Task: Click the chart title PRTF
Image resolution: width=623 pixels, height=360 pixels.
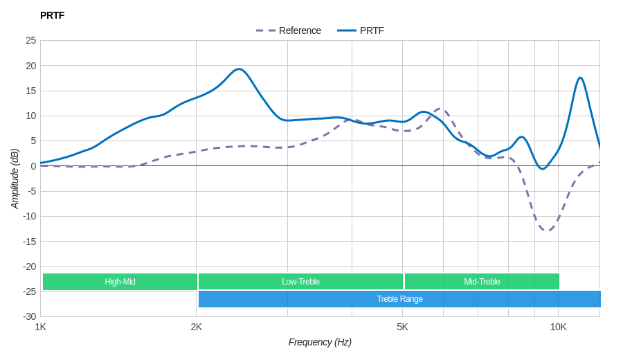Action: (x=52, y=15)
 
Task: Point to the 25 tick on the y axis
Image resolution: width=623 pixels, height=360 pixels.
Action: (x=31, y=40)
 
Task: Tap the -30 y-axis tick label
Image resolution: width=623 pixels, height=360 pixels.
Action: (x=29, y=316)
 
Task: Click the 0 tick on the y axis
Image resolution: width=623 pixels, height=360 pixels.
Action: (x=33, y=166)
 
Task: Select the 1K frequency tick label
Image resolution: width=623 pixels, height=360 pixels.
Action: (x=41, y=327)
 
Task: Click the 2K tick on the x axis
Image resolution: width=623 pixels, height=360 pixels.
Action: (x=197, y=327)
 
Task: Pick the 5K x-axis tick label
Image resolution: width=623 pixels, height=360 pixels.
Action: (x=402, y=327)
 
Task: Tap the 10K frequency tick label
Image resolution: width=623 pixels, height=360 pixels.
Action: (x=558, y=327)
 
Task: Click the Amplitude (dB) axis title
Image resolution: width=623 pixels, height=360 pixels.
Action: (x=15, y=179)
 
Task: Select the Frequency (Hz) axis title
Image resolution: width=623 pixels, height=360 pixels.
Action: (x=320, y=342)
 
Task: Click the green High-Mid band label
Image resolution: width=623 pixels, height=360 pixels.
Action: (x=120, y=282)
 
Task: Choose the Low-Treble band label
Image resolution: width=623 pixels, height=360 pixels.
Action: (x=300, y=282)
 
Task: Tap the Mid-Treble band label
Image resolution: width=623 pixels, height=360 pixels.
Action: (x=482, y=282)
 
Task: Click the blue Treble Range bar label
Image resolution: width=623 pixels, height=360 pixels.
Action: (x=399, y=299)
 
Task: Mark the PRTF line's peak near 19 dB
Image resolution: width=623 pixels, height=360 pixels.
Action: (x=239, y=69)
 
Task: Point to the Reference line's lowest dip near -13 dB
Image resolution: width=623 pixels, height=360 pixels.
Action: (x=546, y=231)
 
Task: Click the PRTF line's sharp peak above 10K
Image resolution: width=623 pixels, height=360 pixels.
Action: (x=580, y=78)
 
